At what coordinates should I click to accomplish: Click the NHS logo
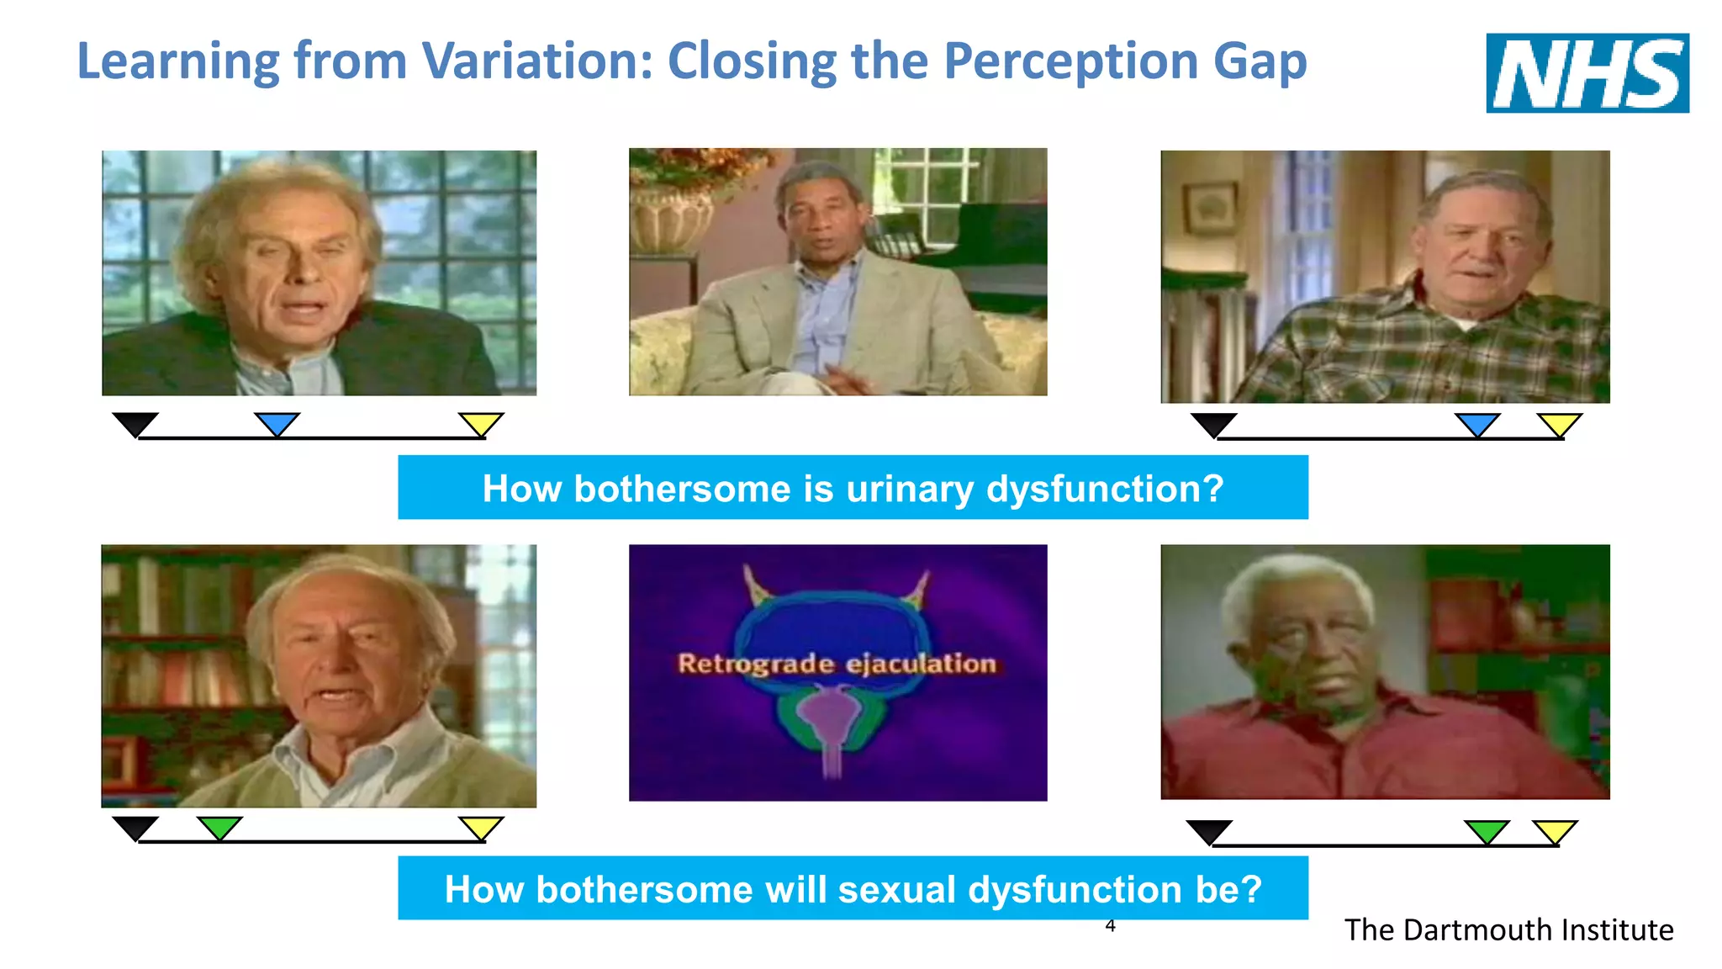(1587, 73)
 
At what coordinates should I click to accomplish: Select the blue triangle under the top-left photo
(277, 422)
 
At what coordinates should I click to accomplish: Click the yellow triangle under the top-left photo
(481, 423)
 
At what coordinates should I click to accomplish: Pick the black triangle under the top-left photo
(135, 423)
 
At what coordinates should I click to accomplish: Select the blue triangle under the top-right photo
(1477, 423)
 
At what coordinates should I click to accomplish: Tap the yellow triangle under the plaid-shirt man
(1560, 423)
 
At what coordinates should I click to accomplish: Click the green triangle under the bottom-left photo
(219, 826)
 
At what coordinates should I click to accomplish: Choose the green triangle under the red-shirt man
(1487, 830)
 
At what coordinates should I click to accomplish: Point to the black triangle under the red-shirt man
(1209, 831)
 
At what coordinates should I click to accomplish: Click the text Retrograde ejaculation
(837, 664)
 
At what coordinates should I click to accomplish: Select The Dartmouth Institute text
(1508, 929)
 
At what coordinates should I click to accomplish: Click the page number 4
(1110, 926)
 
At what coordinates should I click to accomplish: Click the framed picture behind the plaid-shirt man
(1211, 208)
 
